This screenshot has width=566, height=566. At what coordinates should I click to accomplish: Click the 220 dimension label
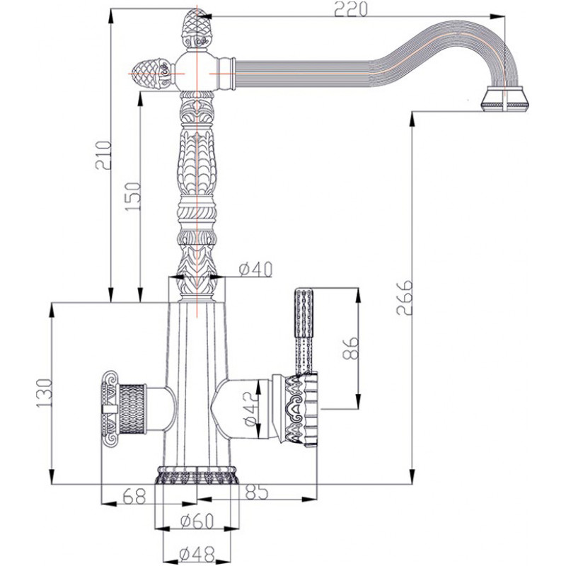(x=350, y=9)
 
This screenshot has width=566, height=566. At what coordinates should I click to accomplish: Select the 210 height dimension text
(x=103, y=155)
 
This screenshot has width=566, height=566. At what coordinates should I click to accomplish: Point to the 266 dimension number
(x=404, y=296)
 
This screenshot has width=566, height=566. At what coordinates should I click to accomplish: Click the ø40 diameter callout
(x=255, y=269)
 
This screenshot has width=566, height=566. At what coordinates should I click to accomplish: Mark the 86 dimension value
(x=350, y=347)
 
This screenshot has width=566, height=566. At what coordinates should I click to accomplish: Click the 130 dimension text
(x=45, y=393)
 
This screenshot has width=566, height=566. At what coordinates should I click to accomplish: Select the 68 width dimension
(x=134, y=496)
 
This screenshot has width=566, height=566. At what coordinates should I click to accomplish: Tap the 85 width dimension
(x=257, y=492)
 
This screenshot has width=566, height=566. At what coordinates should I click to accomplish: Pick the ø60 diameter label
(x=197, y=521)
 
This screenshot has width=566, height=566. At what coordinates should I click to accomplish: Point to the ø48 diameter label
(x=197, y=553)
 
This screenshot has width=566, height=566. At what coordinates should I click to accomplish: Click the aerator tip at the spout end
(x=504, y=99)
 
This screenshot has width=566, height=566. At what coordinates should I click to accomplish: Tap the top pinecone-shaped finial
(x=197, y=30)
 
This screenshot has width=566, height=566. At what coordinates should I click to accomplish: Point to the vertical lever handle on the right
(x=304, y=331)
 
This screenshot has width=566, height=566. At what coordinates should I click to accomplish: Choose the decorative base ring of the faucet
(x=197, y=475)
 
